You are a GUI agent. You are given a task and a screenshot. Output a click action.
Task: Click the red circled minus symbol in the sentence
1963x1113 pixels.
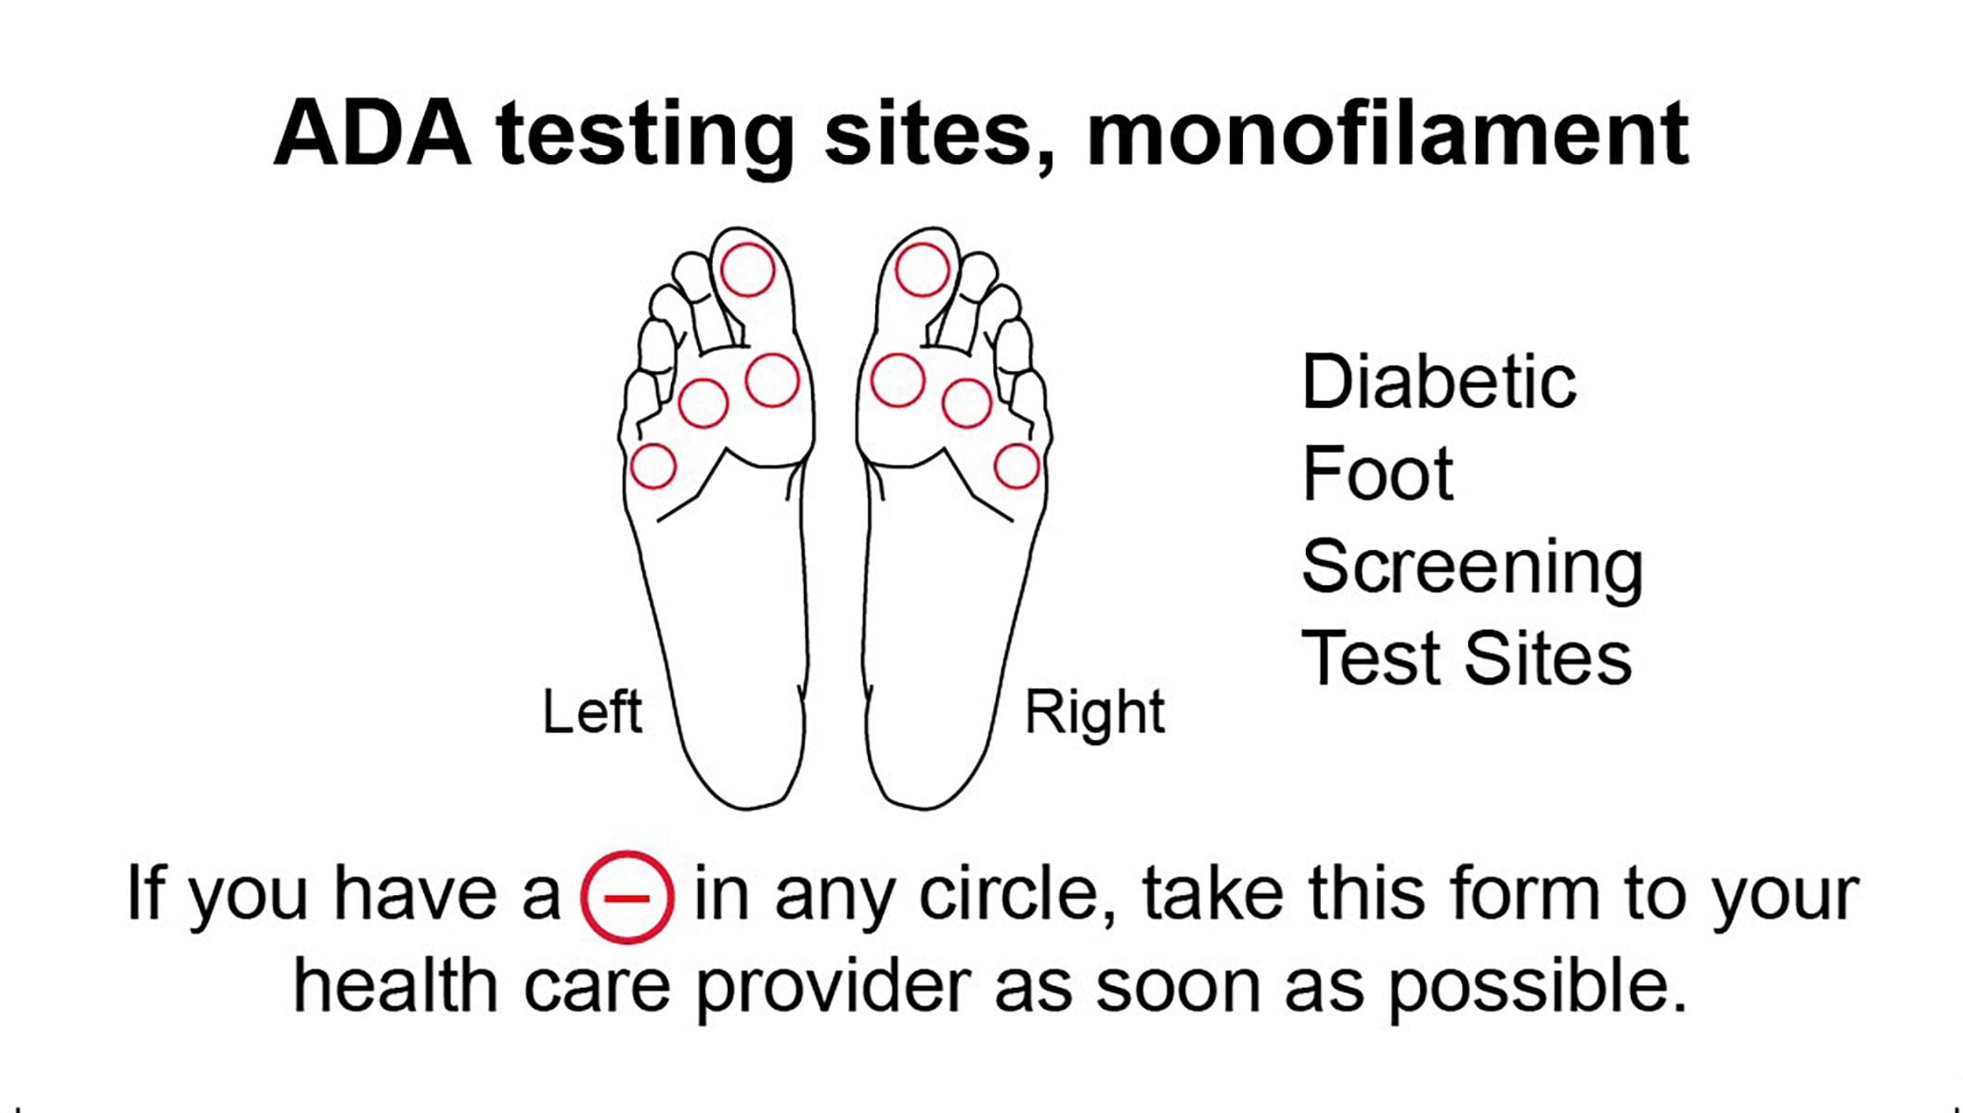point(626,897)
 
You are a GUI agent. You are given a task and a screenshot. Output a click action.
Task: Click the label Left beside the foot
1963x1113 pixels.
point(592,712)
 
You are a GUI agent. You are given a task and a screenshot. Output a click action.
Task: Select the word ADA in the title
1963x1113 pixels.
point(372,134)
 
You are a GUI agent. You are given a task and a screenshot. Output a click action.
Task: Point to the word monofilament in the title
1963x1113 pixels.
point(1388,134)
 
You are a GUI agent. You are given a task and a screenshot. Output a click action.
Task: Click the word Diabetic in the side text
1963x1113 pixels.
point(1439,381)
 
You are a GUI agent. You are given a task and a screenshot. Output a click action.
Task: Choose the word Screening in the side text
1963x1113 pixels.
point(1472,569)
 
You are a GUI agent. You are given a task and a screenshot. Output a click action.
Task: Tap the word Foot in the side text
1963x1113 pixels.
point(1377,473)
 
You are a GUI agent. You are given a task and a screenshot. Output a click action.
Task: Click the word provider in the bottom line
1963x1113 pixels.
point(833,989)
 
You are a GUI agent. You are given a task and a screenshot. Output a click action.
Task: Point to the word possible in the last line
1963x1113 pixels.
point(1536,989)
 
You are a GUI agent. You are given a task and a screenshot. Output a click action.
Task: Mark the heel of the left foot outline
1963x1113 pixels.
point(743,805)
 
